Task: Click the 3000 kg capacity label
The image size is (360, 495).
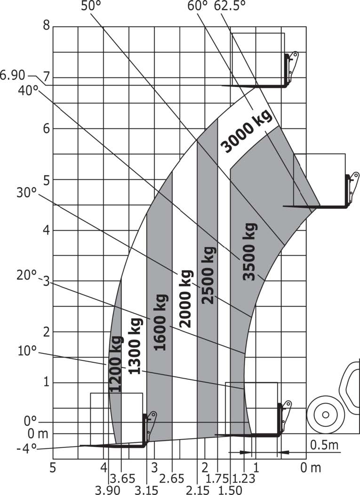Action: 247,131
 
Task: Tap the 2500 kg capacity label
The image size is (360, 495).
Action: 208,275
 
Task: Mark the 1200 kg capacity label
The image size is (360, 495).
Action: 115,364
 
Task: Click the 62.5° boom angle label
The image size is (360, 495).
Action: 230,6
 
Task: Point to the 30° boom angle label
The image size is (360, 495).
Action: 27,192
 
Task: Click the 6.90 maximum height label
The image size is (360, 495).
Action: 13,76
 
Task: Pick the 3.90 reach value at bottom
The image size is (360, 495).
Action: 108,490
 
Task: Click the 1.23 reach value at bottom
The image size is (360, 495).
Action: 244,479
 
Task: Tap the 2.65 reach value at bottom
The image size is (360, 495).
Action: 171,479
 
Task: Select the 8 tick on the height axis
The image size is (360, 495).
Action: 47,25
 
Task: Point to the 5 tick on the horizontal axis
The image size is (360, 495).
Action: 53,468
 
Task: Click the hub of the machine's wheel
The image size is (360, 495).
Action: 325,414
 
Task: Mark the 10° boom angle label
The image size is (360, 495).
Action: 27,351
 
